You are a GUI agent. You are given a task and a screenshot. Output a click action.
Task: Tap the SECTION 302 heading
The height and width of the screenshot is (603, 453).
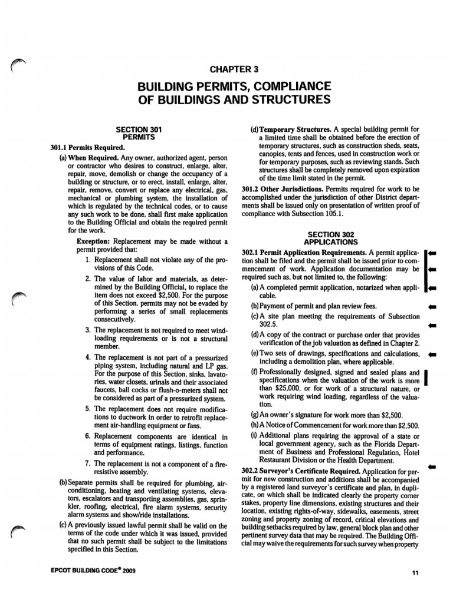pos(330,234)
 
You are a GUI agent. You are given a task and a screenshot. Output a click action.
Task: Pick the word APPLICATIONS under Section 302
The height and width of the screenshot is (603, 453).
pos(330,241)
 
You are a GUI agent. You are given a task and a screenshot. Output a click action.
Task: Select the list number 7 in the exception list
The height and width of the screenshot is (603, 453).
pos(87,464)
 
